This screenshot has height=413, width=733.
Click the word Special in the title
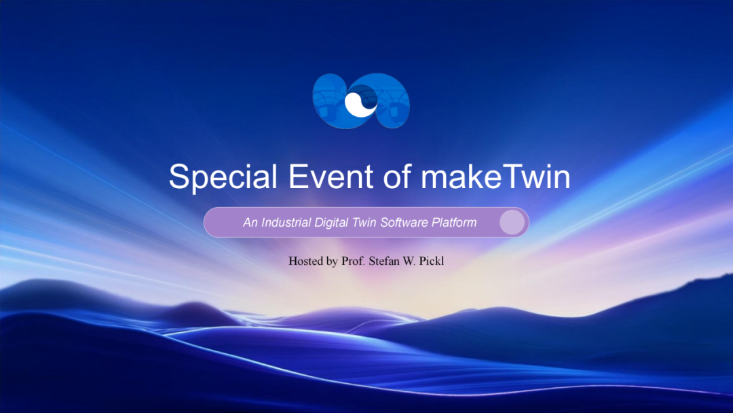[x=223, y=177]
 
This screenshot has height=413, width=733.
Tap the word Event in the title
[x=331, y=177]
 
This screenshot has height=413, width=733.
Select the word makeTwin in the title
[x=495, y=177]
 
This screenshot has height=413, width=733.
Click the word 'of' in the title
[x=397, y=177]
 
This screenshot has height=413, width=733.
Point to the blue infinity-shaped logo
[x=361, y=101]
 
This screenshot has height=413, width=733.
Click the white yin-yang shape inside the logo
[x=360, y=103]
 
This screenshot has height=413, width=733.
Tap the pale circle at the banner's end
[x=512, y=222]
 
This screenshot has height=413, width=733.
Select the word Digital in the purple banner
[x=331, y=223]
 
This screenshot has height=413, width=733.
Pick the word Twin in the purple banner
[x=364, y=222]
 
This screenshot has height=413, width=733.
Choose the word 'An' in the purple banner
[x=250, y=222]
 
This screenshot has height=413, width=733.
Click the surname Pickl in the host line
[x=432, y=261]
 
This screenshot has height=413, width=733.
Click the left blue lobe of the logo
[x=329, y=101]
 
